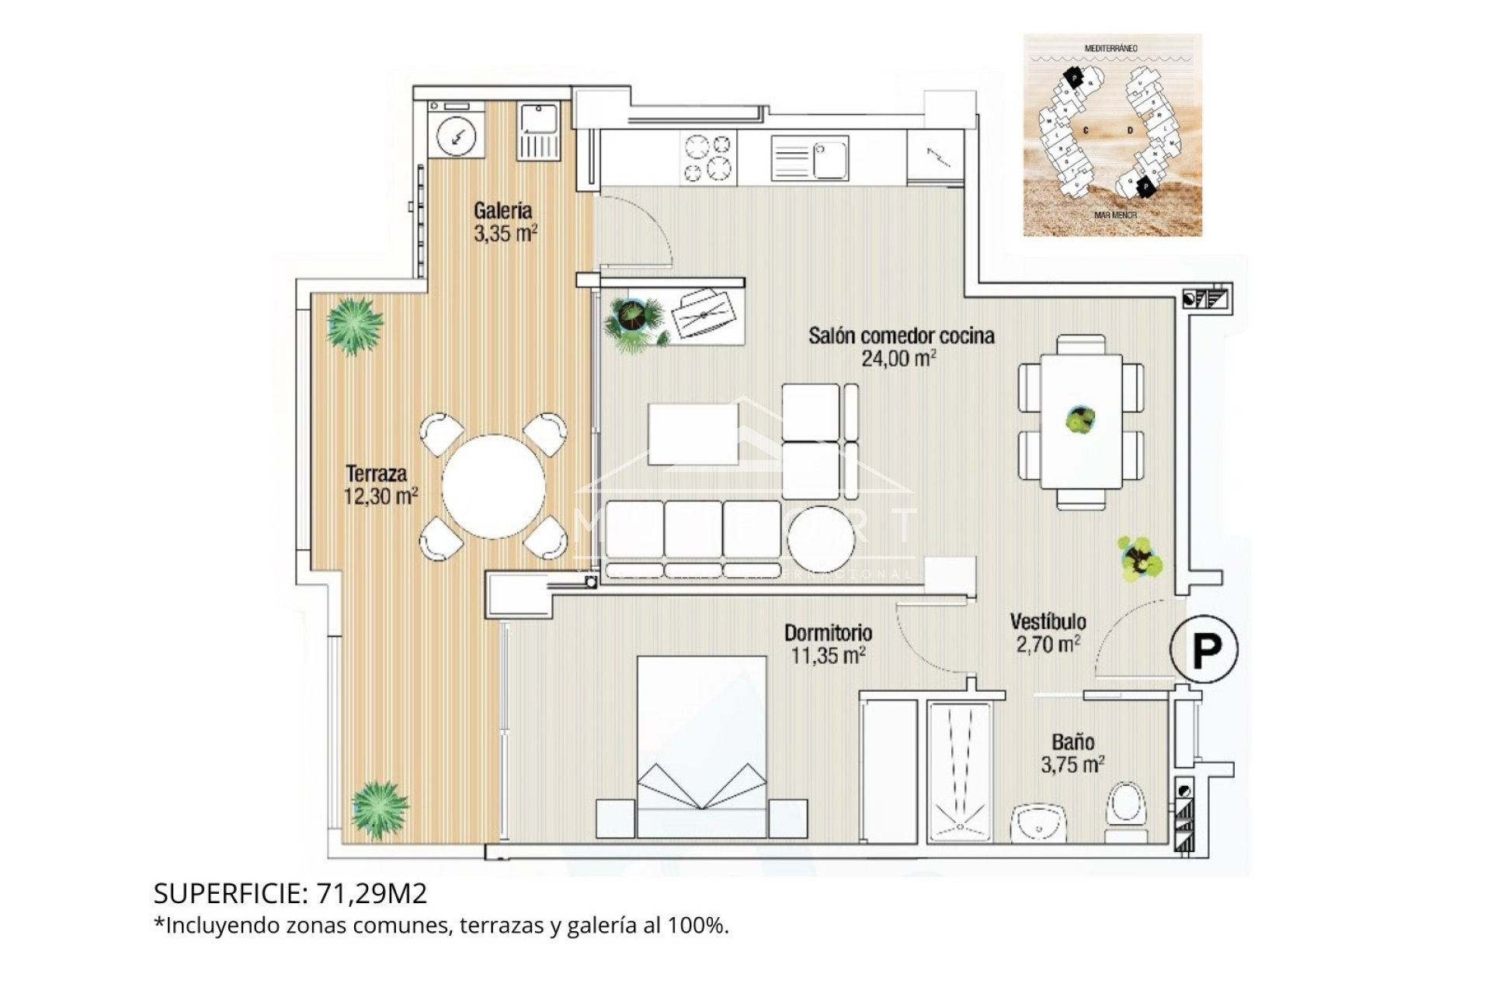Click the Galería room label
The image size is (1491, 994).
(x=503, y=210)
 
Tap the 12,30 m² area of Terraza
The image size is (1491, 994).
(x=381, y=495)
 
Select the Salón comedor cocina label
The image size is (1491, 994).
(x=901, y=336)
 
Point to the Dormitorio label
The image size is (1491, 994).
(x=828, y=632)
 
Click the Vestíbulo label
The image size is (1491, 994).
(x=1048, y=621)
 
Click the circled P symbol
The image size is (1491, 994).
(x=1204, y=649)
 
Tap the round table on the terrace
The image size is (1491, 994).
(x=493, y=486)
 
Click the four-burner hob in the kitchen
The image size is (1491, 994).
(x=707, y=158)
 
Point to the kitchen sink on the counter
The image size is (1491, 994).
(x=809, y=158)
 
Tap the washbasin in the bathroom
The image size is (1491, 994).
(x=1041, y=825)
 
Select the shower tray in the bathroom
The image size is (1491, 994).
(x=960, y=773)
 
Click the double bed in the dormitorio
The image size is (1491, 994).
(x=701, y=745)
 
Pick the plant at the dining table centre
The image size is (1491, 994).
(x=1080, y=419)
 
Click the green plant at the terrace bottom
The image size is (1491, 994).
(x=378, y=809)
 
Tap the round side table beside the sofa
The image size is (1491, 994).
(x=821, y=534)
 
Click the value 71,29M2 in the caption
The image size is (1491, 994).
(x=372, y=894)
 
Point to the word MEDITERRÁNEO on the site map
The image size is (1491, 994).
(x=1111, y=48)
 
